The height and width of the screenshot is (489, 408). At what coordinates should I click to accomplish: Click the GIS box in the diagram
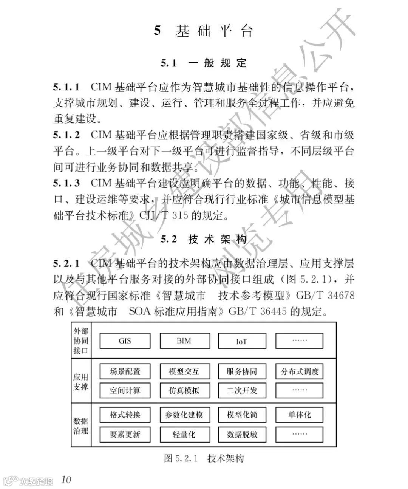point(125,340)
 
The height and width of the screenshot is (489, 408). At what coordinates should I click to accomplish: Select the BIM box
point(184,340)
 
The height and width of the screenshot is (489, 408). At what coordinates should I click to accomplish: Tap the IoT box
point(242,340)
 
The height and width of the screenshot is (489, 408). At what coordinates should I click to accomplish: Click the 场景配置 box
point(125,371)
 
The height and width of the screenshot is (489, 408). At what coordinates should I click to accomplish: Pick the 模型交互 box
point(184,371)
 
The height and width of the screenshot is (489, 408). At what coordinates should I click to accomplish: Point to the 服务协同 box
point(242,371)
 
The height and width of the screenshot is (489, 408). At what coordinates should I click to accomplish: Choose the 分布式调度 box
point(300,371)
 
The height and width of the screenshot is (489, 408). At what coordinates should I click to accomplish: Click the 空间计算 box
point(125,390)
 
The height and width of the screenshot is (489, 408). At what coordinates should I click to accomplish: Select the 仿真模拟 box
point(184,390)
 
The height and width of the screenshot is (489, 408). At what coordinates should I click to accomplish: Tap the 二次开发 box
point(242,390)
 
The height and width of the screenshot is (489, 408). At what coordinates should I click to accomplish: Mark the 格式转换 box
point(125,415)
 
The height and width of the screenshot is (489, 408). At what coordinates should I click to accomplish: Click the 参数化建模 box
point(184,415)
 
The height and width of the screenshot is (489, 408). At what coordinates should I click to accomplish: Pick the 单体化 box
point(300,415)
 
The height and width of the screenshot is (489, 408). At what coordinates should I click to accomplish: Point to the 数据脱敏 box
point(242,434)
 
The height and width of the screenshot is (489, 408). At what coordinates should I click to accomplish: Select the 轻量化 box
point(184,434)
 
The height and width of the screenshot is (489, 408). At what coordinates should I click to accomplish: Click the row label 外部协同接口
point(81,340)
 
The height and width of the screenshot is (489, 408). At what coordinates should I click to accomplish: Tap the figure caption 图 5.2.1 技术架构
point(204,458)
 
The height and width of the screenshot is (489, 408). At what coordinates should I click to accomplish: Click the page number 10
point(66,479)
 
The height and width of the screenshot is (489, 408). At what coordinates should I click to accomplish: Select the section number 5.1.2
point(66,135)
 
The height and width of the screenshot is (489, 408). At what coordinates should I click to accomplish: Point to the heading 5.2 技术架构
point(204,239)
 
